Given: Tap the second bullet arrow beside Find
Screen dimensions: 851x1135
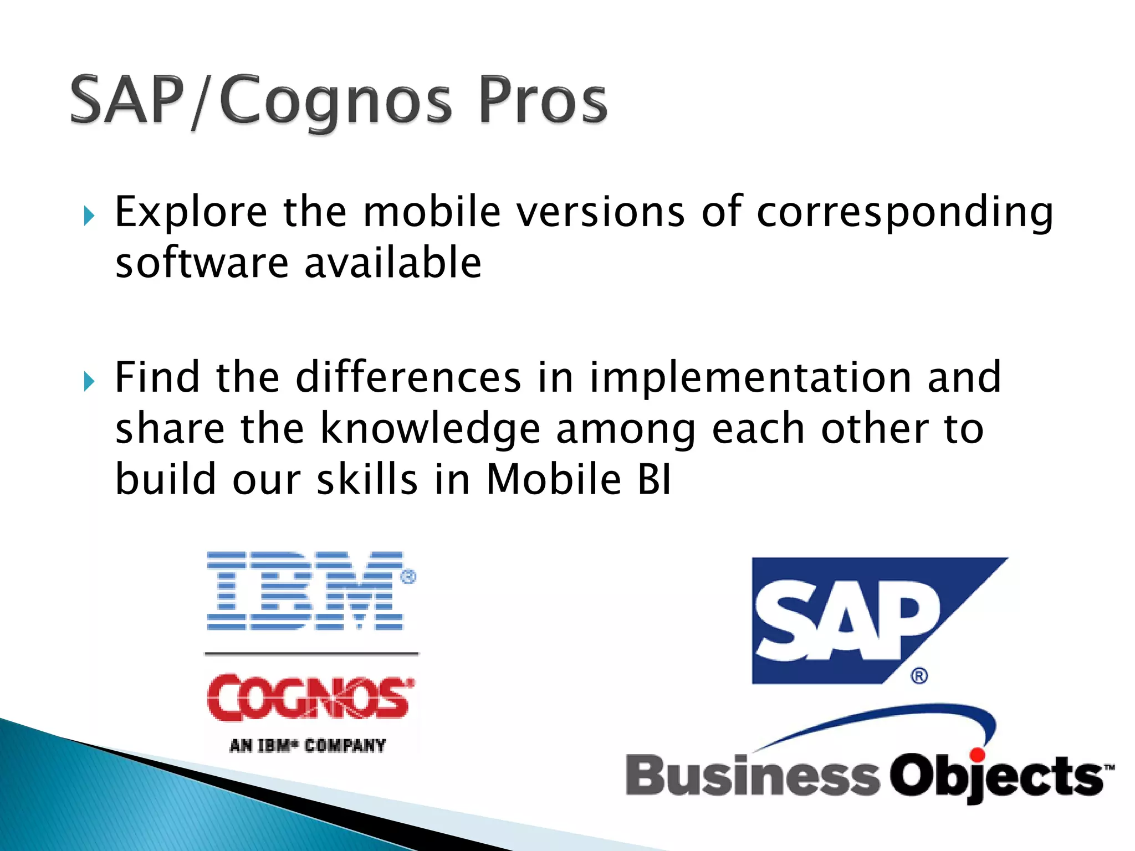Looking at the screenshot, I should coord(89,381).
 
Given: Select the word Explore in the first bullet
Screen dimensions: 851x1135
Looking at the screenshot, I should coord(191,212).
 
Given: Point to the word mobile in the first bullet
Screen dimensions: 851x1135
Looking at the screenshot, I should coord(432,212).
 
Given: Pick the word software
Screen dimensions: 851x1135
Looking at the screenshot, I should coord(202,263).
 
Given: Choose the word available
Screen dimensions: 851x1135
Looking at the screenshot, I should coord(393,263).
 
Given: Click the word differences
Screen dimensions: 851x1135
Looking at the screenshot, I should coord(408,378).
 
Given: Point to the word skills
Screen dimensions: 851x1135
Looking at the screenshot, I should coord(367,479).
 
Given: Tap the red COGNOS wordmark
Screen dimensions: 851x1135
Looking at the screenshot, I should coord(309,698).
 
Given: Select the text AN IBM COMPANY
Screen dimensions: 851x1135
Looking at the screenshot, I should coord(308,745).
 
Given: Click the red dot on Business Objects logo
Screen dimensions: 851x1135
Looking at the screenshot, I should coord(977,755).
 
